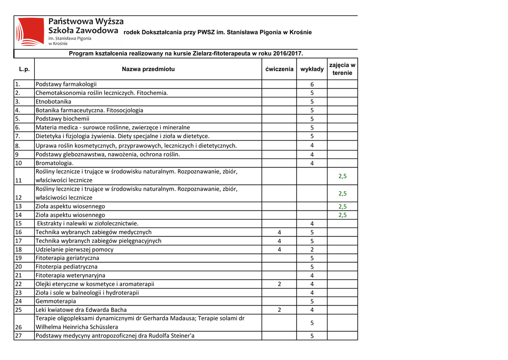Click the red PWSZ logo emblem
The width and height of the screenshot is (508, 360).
click(x=30, y=31)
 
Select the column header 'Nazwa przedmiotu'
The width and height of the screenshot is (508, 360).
click(x=148, y=70)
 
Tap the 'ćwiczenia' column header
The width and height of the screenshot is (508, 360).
click(x=279, y=70)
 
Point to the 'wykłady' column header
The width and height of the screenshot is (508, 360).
click(x=312, y=70)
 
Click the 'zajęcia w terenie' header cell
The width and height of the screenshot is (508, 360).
click(x=342, y=69)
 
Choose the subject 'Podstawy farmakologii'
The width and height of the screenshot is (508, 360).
click(x=66, y=84)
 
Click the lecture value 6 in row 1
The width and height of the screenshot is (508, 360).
click(x=312, y=84)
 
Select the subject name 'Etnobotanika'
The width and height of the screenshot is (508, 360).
click(x=53, y=101)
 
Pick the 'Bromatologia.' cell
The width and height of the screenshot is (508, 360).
click(x=55, y=163)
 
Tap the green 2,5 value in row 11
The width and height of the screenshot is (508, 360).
click(x=342, y=176)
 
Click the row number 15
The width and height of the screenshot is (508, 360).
click(x=18, y=223)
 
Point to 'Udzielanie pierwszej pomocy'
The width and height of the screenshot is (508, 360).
click(x=74, y=249)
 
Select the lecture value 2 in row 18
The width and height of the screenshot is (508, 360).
click(x=312, y=249)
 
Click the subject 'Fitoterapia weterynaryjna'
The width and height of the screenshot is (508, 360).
click(x=70, y=275)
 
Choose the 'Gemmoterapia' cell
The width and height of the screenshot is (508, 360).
click(x=56, y=301)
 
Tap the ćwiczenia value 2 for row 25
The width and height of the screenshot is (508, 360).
click(x=279, y=310)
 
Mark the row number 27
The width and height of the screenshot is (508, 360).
click(x=18, y=336)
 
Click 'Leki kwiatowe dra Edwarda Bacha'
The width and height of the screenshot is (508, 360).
click(x=81, y=310)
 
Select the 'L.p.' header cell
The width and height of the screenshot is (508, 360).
click(x=24, y=70)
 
